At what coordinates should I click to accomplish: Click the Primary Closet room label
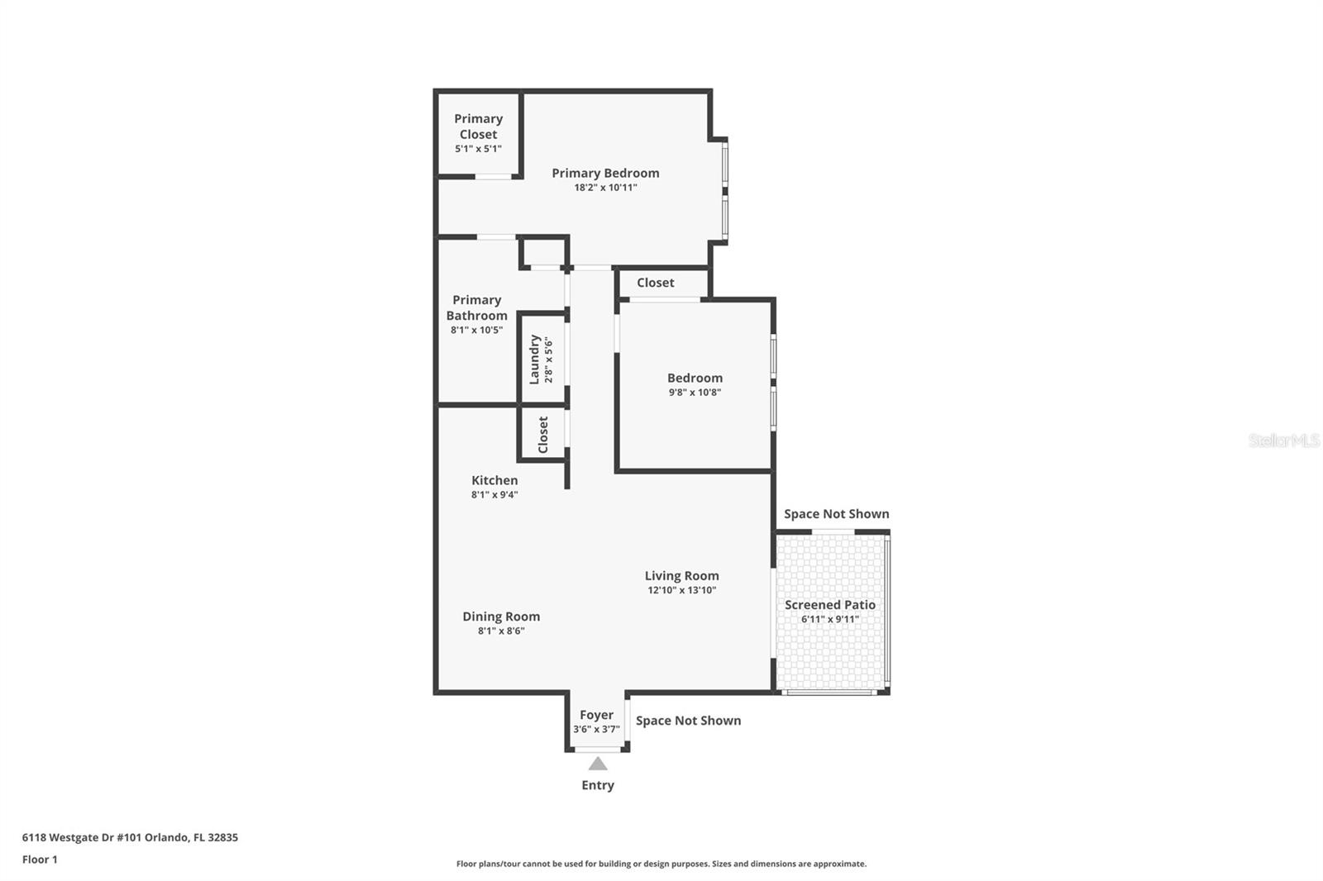(x=478, y=126)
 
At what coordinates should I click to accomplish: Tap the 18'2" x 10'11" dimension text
(x=605, y=188)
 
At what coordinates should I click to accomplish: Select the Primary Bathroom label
(x=476, y=307)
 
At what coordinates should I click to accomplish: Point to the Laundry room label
(x=535, y=360)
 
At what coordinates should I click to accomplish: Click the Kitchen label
(x=494, y=480)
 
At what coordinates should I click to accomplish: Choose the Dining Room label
(x=501, y=617)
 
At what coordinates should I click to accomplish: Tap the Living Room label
(x=681, y=576)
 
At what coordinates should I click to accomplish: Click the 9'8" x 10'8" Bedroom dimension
(x=695, y=393)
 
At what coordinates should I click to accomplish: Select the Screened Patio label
(x=829, y=605)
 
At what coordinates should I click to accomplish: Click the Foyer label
(x=596, y=715)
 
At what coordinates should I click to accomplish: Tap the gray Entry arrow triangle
(x=597, y=764)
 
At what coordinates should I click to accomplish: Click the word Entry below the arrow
(x=597, y=785)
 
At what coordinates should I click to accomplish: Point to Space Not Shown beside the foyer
(x=688, y=721)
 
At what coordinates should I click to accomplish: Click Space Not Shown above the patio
(x=836, y=514)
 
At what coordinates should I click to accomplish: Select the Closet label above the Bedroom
(x=655, y=283)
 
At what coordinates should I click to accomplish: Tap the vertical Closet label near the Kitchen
(x=543, y=435)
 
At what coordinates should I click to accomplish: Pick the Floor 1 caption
(x=40, y=860)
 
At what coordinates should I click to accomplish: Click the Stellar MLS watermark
(x=1283, y=441)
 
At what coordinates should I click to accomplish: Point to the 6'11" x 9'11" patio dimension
(x=829, y=619)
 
